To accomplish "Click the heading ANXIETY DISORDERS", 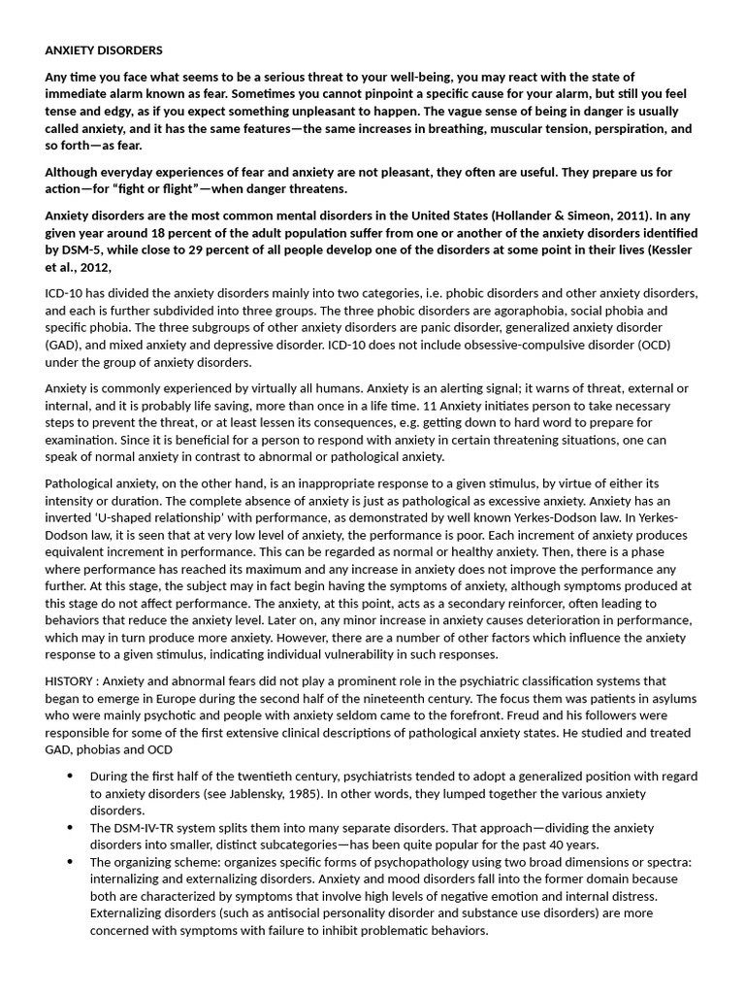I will pyautogui.click(x=104, y=50).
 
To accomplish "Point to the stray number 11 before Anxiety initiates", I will pyautogui.click(x=433, y=405).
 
